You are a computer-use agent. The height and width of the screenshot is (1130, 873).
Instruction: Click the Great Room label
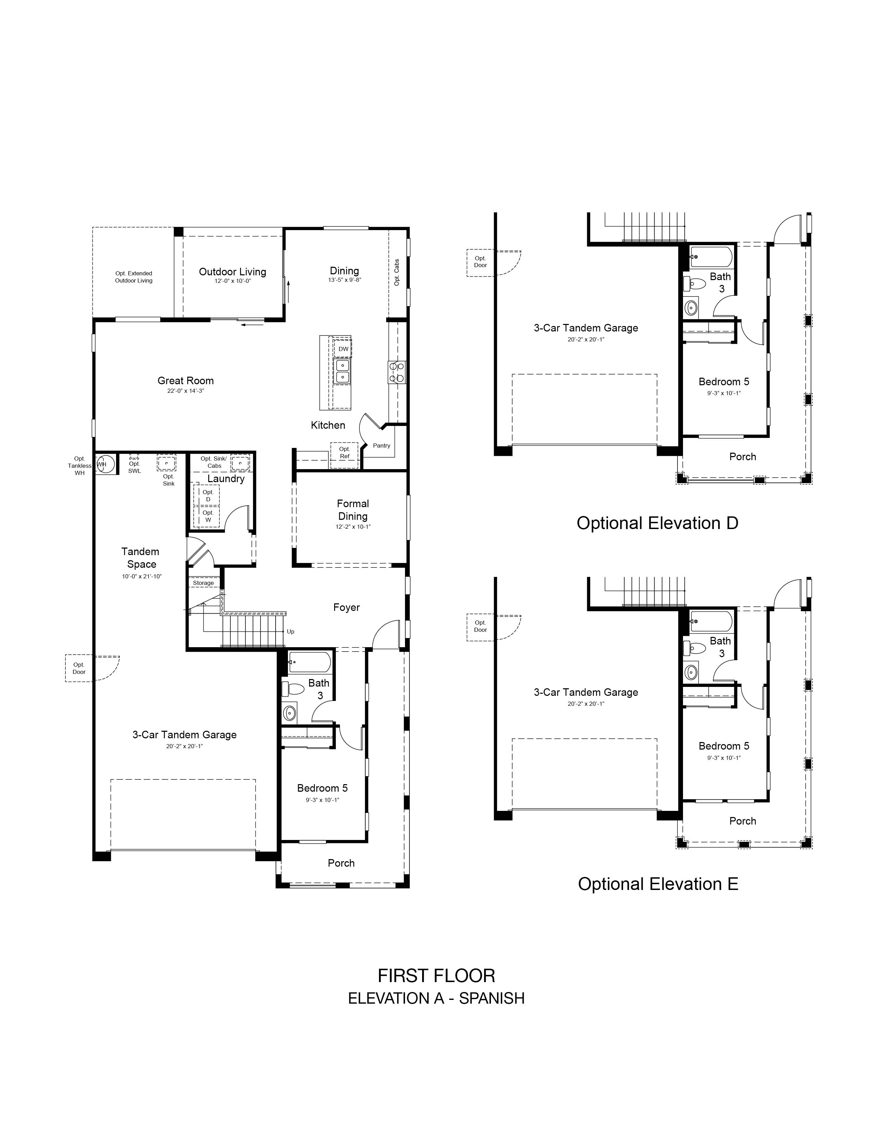(186, 381)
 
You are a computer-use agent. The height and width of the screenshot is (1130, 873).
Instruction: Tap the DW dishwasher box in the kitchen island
(343, 349)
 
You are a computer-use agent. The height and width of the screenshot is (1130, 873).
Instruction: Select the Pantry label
(382, 445)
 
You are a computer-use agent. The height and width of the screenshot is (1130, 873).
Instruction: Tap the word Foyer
(346, 607)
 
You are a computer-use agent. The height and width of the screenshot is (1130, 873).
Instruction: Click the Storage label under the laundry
(203, 583)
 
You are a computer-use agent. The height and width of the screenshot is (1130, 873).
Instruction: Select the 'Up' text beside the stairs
(291, 632)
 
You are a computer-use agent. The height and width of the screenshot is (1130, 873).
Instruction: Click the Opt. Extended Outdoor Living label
(134, 277)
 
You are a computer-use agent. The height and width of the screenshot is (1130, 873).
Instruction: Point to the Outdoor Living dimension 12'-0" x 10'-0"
(233, 281)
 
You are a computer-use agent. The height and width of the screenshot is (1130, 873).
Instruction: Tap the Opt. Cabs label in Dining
(397, 273)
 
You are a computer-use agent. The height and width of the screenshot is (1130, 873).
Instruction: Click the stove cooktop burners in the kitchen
(397, 372)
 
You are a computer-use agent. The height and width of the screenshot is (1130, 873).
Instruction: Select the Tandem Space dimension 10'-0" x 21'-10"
(142, 576)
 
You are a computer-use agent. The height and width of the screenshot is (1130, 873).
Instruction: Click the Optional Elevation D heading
(657, 523)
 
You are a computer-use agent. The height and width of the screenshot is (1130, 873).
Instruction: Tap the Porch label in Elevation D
(743, 457)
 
